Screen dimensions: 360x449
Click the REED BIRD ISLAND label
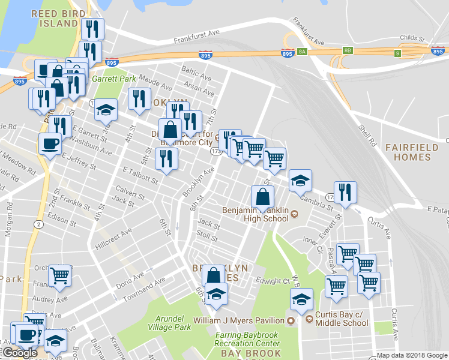coord(55,18)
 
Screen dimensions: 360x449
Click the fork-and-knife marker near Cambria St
coord(345,193)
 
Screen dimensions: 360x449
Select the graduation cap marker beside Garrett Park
coord(106,110)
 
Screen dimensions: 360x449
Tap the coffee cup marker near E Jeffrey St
coord(50,144)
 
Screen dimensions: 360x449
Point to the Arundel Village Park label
coord(169,323)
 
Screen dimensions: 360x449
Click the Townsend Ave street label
coord(143,290)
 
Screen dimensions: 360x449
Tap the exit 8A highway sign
coord(302,52)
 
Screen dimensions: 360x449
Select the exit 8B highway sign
coord(348,50)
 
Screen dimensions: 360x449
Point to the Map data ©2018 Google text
coord(411,355)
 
